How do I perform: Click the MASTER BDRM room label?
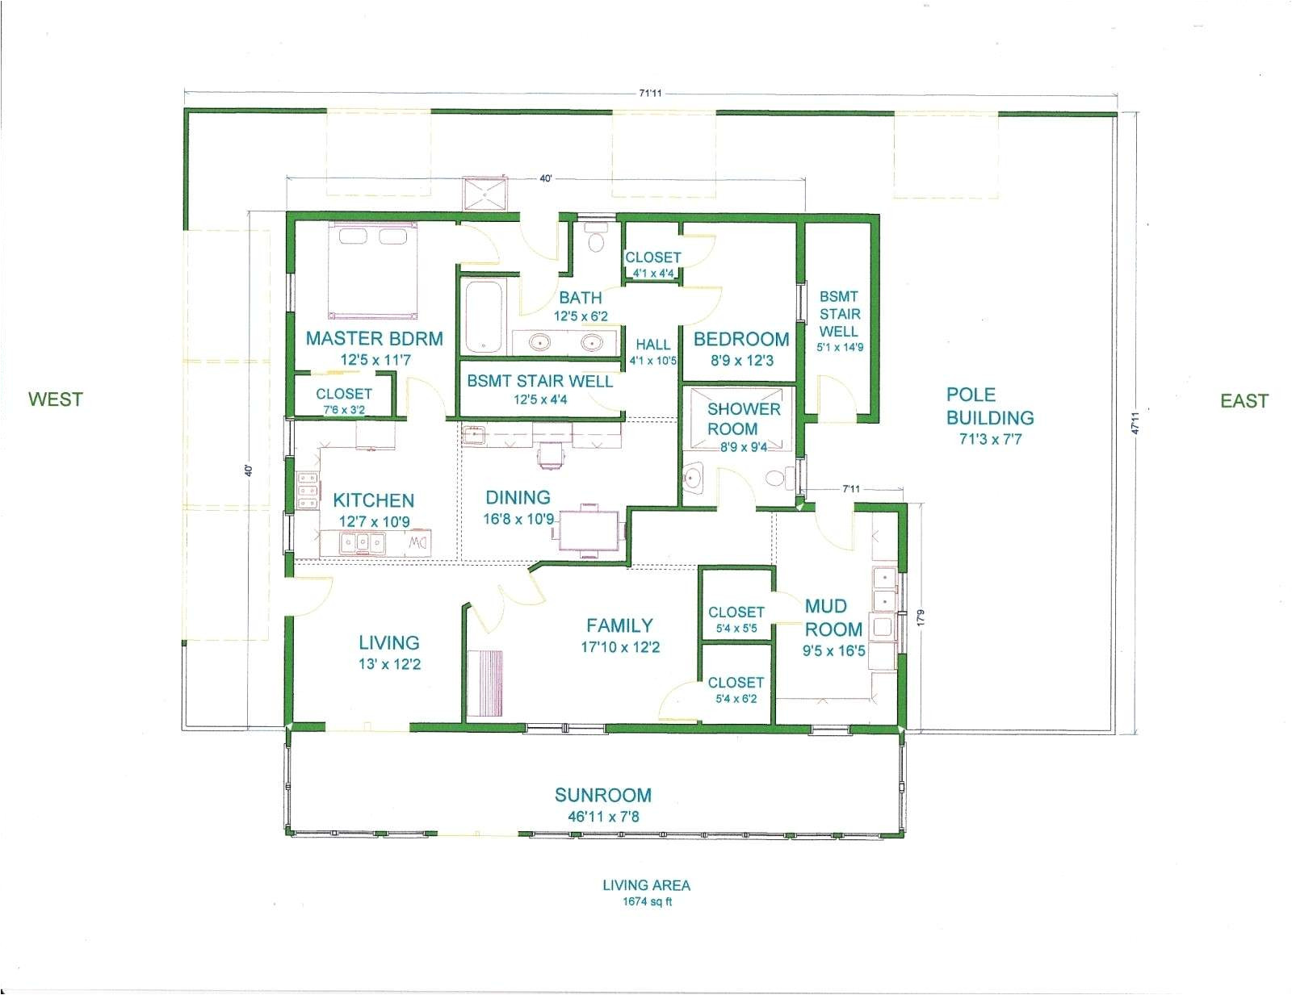pos(374,339)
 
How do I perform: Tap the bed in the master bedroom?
pos(373,272)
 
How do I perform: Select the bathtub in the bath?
pos(483,316)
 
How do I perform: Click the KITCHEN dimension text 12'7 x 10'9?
pos(374,522)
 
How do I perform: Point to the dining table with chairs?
pos(590,530)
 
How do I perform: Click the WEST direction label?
pos(55,399)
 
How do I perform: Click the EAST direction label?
pos(1244,400)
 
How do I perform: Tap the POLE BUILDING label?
pos(989,406)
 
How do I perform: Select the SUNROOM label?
pos(602,795)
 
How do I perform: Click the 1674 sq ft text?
pos(646,901)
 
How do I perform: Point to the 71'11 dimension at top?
pos(650,94)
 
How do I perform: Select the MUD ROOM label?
pos(832,617)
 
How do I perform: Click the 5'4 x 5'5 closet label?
pos(736,628)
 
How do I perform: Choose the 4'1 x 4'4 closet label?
pos(652,274)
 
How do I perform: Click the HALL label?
pos(652,345)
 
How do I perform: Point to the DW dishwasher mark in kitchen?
pos(417,542)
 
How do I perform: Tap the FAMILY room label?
pos(619,625)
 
